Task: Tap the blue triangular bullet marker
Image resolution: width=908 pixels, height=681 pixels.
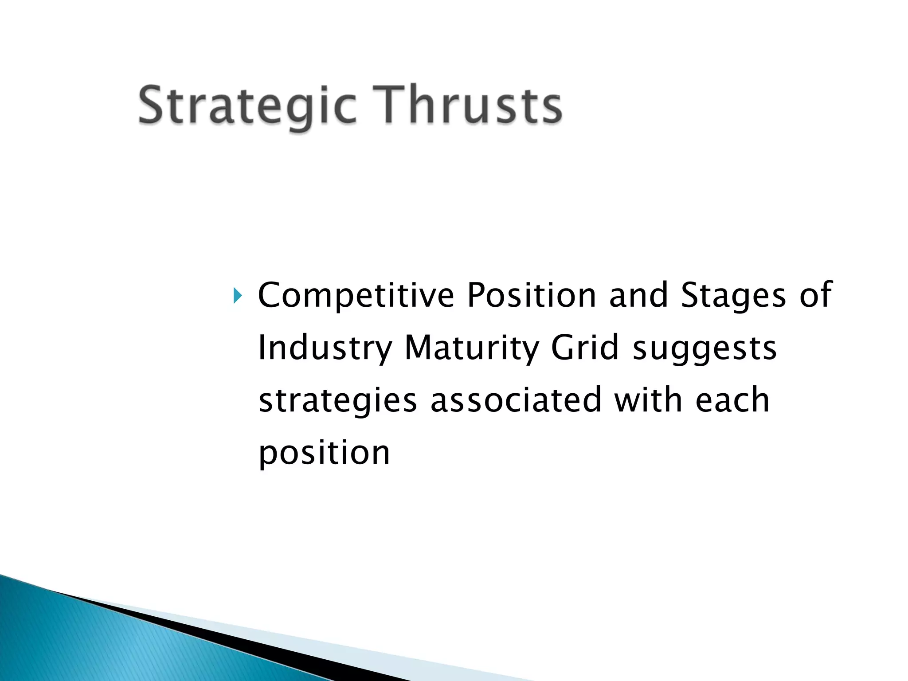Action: tap(238, 296)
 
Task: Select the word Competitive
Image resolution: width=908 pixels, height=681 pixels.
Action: tap(356, 296)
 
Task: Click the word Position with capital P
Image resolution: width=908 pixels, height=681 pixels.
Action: tap(532, 296)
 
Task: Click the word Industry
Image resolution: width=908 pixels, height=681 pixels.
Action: tap(325, 348)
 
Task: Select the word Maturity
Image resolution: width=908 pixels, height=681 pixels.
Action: tap(472, 348)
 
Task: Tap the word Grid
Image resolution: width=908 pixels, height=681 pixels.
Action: tap(584, 348)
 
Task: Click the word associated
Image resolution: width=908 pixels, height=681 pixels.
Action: tap(516, 400)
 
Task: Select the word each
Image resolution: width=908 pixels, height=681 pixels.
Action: tap(732, 400)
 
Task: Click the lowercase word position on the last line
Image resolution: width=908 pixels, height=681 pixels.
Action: tap(324, 454)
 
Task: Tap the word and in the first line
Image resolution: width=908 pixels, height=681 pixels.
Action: tap(638, 296)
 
